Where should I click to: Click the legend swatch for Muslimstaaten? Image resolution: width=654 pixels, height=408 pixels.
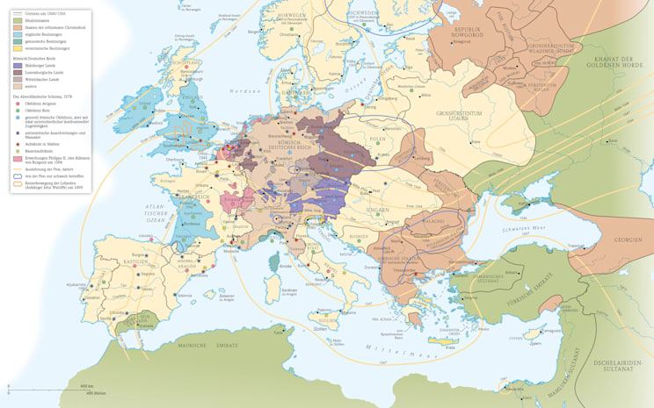point(17,20)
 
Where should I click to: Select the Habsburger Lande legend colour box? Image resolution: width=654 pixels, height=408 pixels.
point(17,65)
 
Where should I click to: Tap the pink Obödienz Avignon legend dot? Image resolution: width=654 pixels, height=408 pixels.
point(17,102)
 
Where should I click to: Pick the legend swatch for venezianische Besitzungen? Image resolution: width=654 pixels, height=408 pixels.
point(17,48)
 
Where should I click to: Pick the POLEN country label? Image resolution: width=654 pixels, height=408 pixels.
point(377,139)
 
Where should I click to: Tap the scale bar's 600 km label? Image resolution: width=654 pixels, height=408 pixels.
point(86,386)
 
